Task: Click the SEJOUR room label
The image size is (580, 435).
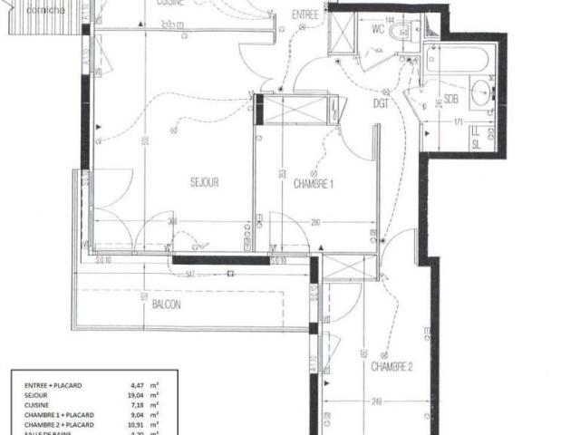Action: pos(204,182)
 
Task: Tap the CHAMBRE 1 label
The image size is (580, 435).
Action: pos(314,183)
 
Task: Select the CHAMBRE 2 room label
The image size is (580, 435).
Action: pos(391,367)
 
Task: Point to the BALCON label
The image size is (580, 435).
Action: pos(166,304)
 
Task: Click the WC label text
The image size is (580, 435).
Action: pos(376,27)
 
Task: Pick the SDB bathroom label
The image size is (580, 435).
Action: pos(450,100)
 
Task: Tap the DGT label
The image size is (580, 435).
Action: pos(381,105)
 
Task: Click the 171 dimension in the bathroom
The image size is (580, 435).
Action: pos(458,121)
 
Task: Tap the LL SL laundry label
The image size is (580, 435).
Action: pos(475,136)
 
